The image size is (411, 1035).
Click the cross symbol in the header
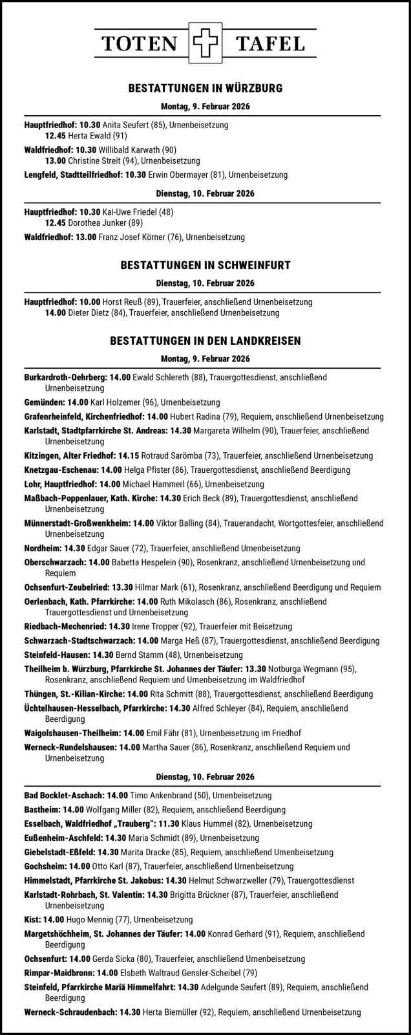coord(205,44)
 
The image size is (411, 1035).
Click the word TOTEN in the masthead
coord(140,44)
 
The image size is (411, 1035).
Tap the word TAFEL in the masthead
coord(271,44)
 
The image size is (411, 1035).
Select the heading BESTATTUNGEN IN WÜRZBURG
coord(205,88)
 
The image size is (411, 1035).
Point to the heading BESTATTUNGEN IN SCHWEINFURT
coord(205,265)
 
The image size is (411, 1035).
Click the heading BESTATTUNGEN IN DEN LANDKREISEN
coord(205,340)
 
